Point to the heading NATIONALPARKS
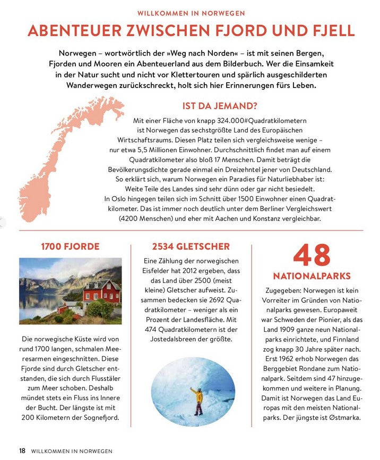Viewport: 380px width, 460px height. point(312,276)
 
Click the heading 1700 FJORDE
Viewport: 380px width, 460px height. point(70,246)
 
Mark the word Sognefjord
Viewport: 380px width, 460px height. point(99,418)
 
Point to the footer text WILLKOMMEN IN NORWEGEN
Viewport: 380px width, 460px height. point(72,451)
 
